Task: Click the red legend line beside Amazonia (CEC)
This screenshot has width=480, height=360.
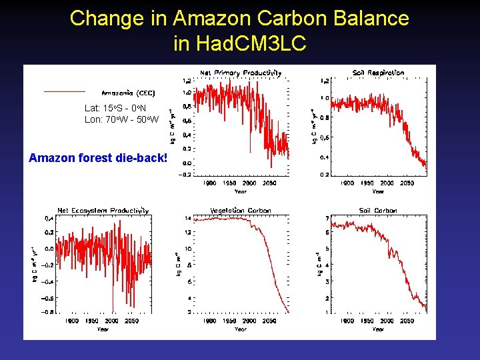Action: coord(65,91)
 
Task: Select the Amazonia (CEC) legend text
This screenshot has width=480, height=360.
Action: coord(128,93)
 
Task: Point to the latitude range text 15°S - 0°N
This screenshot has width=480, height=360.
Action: coord(115,107)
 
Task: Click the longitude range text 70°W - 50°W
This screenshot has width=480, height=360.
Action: coord(122,119)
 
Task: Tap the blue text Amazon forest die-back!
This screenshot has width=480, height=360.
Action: coord(98,158)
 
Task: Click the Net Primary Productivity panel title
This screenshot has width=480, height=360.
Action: coord(241,73)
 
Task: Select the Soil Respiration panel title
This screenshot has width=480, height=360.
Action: coord(378,73)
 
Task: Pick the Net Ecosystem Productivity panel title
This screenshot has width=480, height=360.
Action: coord(103,211)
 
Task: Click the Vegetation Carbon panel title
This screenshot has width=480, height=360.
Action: coord(241,211)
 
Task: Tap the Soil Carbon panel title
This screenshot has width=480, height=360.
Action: coord(378,211)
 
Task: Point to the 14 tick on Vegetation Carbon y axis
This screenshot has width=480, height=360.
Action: coord(187,218)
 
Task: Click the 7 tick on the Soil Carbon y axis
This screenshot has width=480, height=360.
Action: coord(326,219)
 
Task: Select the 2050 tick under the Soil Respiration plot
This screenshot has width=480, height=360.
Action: coord(407,183)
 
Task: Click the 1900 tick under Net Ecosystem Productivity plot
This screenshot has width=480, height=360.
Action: coord(71,321)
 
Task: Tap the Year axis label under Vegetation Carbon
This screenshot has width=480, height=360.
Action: coord(240,329)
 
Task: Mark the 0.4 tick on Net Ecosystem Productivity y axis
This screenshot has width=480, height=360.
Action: coord(49,218)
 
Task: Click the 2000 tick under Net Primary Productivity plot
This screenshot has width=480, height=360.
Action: coord(249,183)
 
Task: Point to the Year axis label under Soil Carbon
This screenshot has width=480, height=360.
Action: coord(378,329)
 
